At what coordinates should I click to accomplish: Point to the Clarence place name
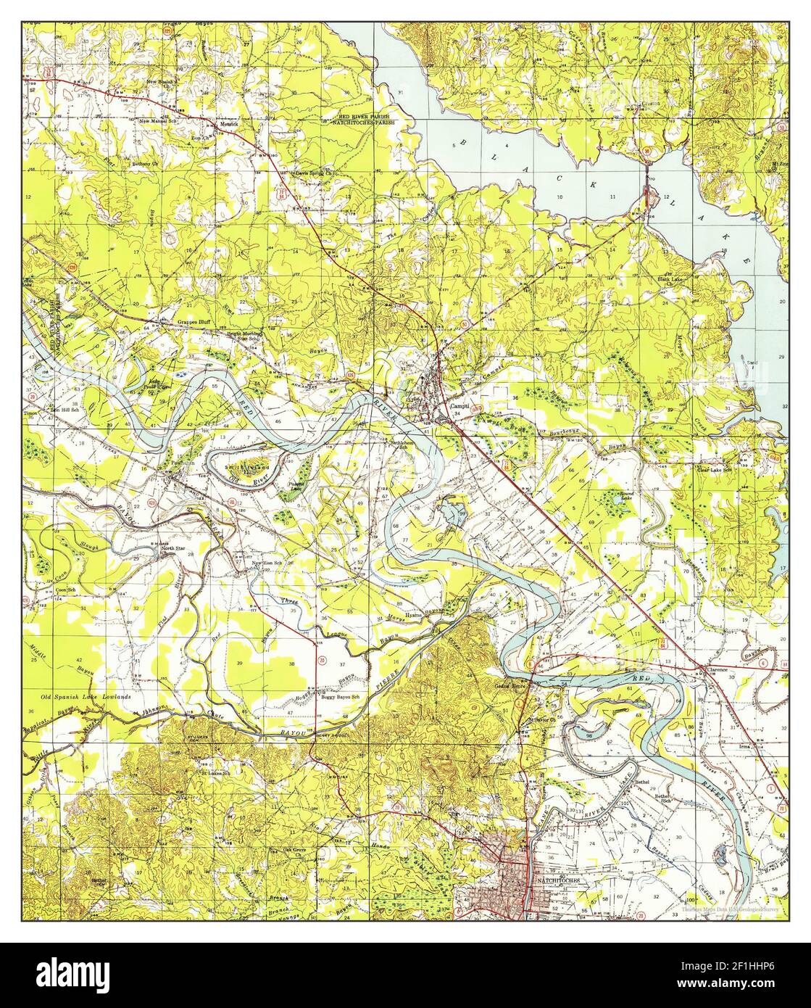coord(717,670)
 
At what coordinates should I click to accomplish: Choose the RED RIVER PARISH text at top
coord(365,116)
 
